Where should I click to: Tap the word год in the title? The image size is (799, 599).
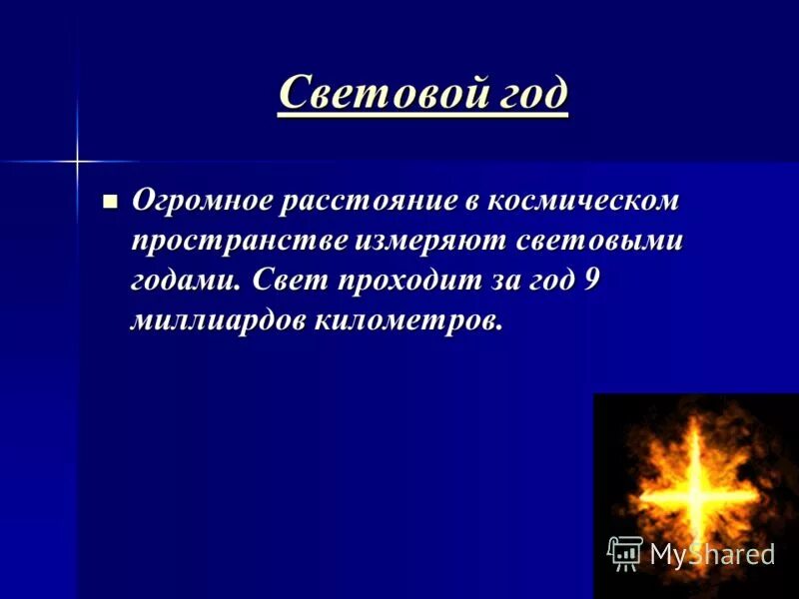pyautogui.click(x=529, y=94)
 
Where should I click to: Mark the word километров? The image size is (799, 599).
pyautogui.click(x=409, y=320)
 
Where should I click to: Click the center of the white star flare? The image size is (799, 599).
pyautogui.click(x=76, y=159)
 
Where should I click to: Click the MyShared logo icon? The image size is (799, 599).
pyautogui.click(x=625, y=552)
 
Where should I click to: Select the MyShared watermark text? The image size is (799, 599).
pyautogui.click(x=712, y=555)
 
